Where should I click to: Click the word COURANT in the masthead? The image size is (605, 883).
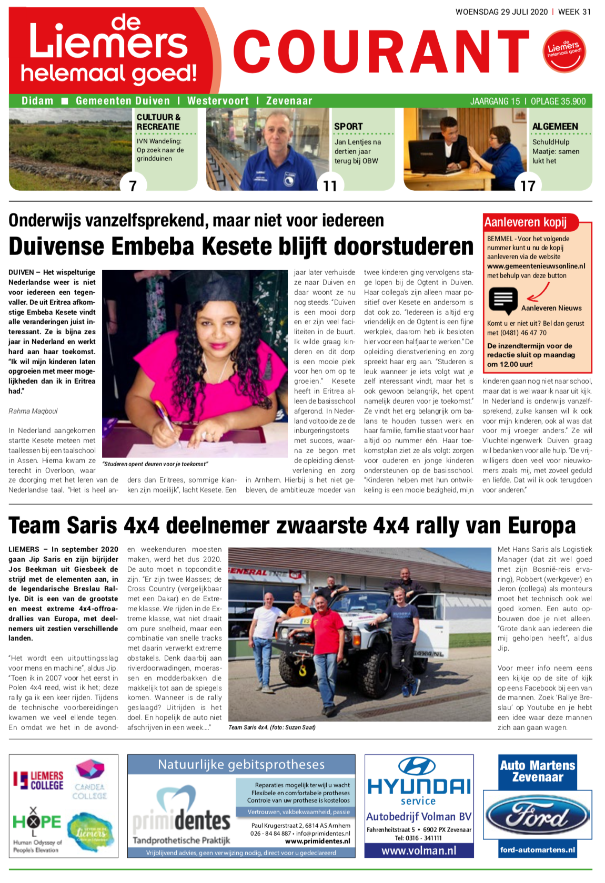click(x=381, y=52)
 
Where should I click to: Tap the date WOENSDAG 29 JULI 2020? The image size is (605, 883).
click(x=501, y=12)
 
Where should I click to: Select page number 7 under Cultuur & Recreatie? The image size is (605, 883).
click(x=133, y=186)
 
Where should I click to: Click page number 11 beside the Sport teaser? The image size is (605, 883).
click(x=330, y=186)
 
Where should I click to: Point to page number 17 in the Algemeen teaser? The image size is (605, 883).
click(x=528, y=186)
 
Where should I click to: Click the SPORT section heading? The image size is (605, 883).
click(x=348, y=127)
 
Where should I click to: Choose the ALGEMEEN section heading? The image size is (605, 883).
click(x=555, y=127)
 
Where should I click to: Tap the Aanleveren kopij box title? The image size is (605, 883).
click(x=525, y=222)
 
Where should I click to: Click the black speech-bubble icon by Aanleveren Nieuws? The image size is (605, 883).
click(x=503, y=301)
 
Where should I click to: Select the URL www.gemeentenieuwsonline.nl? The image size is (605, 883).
click(x=536, y=266)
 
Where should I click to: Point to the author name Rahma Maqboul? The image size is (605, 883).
click(x=33, y=411)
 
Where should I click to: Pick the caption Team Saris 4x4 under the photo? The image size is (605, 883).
click(x=271, y=727)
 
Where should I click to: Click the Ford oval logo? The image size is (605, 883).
click(x=537, y=816)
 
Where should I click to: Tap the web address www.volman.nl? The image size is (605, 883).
click(x=419, y=850)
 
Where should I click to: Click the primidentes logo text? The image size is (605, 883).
click(x=181, y=820)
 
